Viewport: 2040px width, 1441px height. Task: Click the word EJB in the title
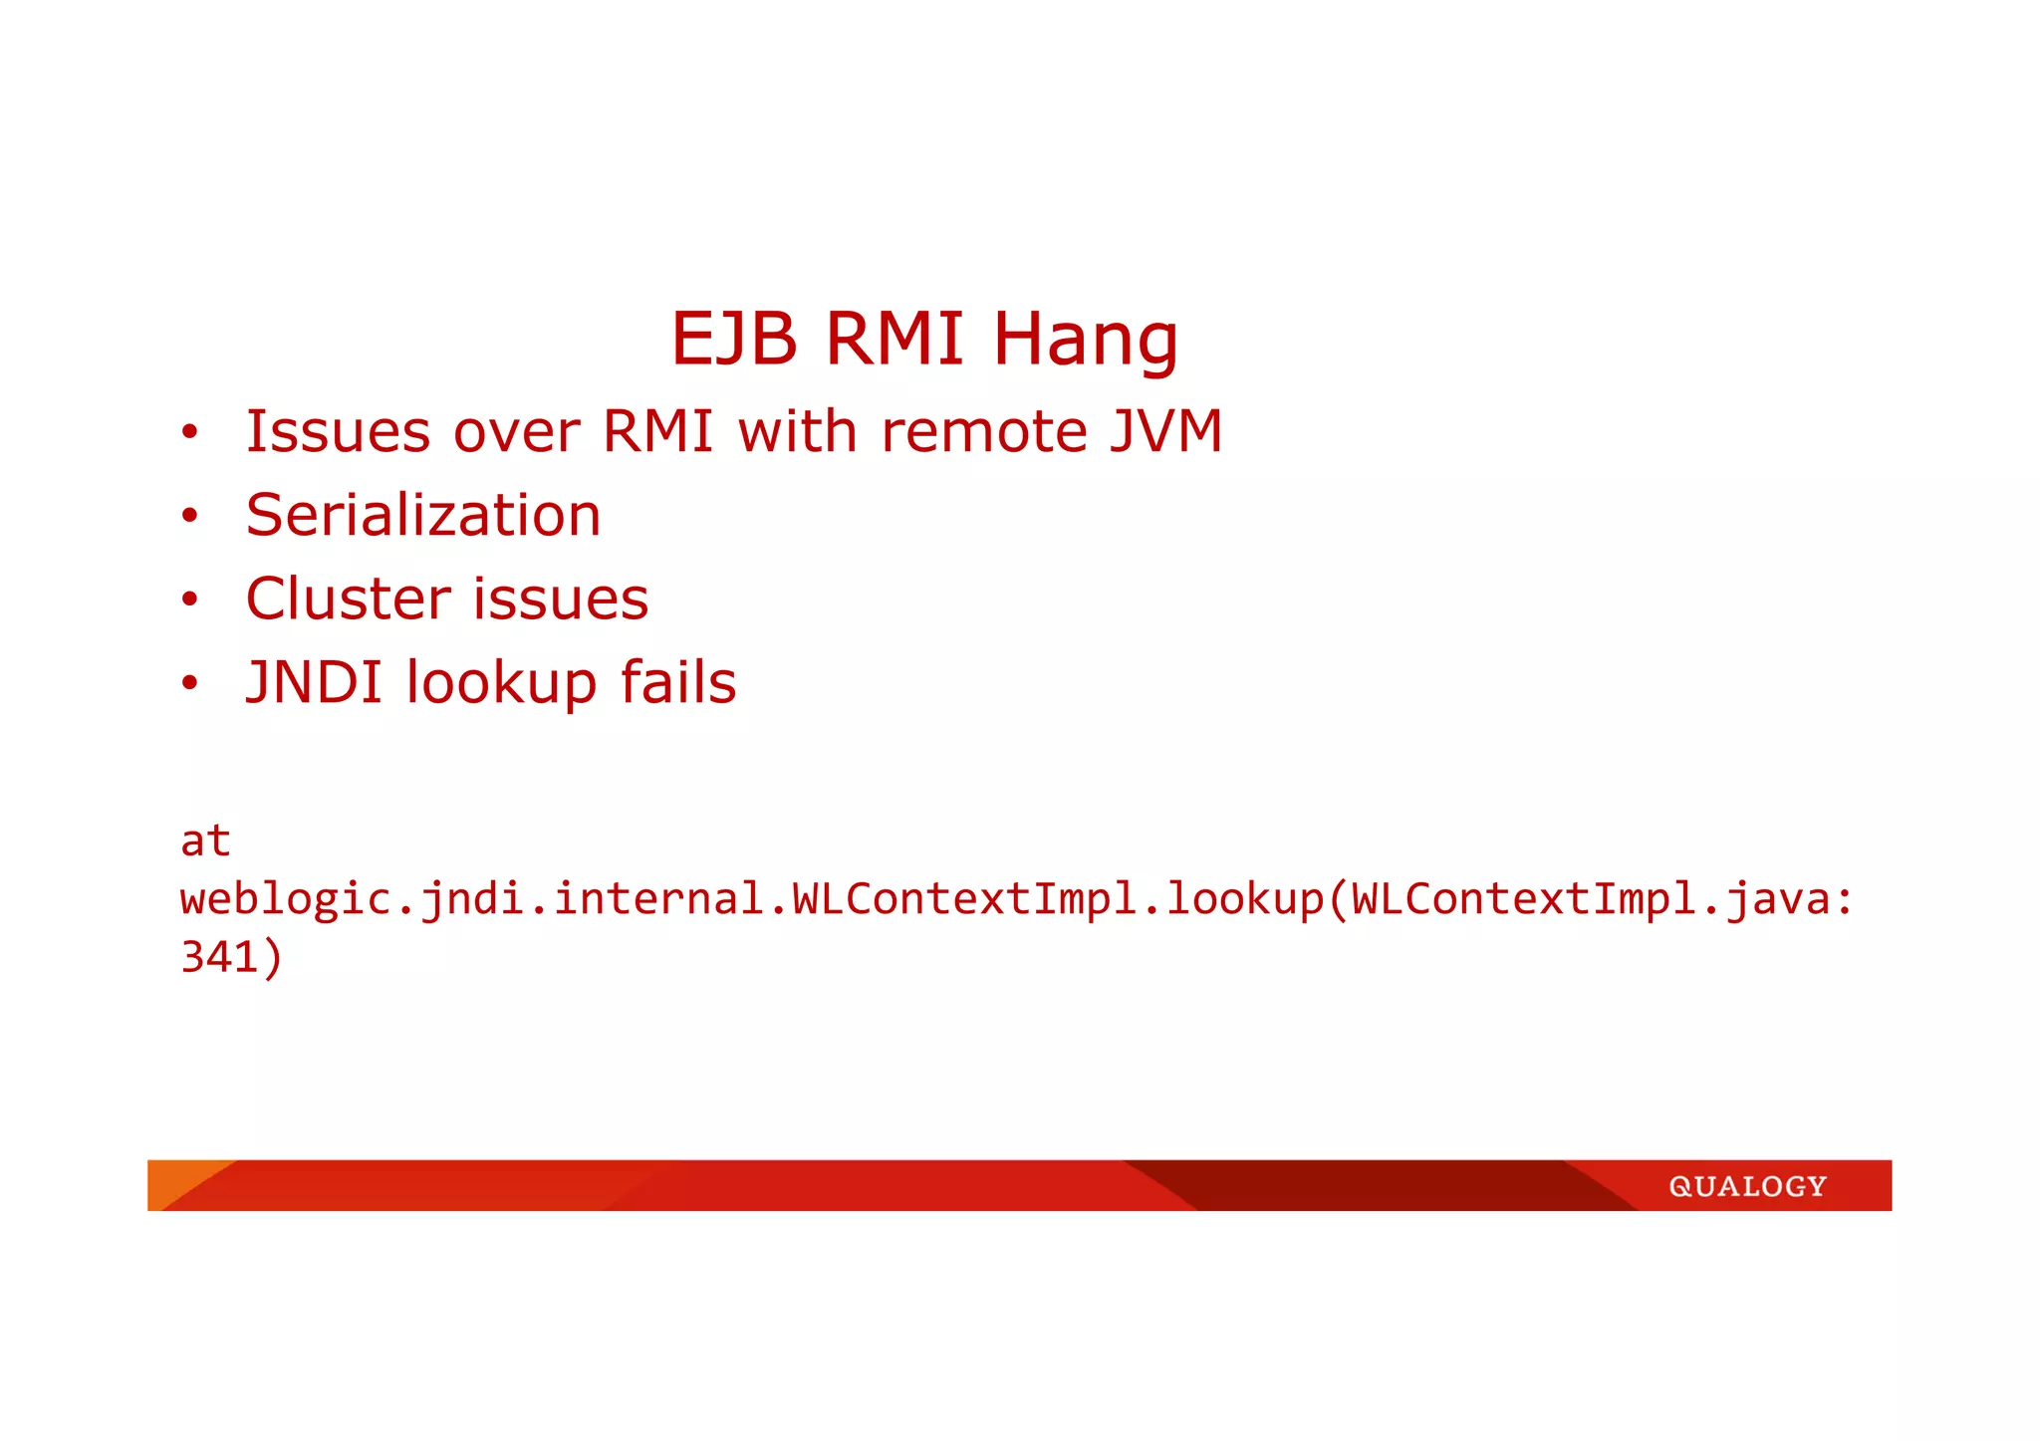(x=734, y=339)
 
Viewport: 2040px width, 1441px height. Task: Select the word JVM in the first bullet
(x=1166, y=431)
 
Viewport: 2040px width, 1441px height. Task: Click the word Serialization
(x=423, y=515)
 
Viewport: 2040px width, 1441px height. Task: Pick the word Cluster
(x=349, y=599)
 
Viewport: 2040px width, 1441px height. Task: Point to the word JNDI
(x=315, y=682)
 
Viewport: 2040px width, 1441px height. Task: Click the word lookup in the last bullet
(x=501, y=684)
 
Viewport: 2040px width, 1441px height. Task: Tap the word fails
(x=678, y=682)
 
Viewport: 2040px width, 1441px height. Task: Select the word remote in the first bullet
(x=984, y=432)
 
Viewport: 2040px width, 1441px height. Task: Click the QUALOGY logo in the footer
(x=1747, y=1186)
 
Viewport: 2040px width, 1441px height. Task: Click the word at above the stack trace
(x=205, y=841)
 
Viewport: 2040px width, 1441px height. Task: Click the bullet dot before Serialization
(x=190, y=516)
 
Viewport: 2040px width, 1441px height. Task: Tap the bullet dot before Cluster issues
(x=190, y=600)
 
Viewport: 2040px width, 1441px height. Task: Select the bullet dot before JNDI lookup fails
(x=190, y=683)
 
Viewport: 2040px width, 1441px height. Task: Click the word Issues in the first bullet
(x=338, y=432)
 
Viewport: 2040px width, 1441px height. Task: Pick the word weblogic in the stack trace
(x=286, y=900)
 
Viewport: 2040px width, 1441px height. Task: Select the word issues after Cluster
(x=561, y=599)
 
